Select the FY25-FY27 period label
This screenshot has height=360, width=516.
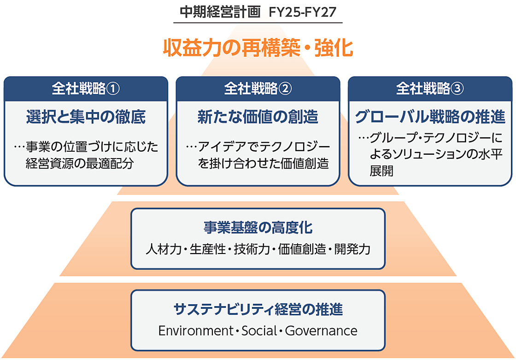pyautogui.click(x=303, y=12)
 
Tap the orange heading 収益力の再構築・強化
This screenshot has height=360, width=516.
pyautogui.click(x=258, y=48)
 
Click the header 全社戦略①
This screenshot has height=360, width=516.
pyautogui.click(x=86, y=89)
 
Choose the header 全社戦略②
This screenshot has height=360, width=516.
pyautogui.click(x=258, y=89)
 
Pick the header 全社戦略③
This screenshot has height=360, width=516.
pyautogui.click(x=430, y=89)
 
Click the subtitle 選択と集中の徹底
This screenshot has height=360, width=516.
pyautogui.click(x=86, y=118)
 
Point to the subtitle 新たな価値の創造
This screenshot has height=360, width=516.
pyautogui.click(x=258, y=118)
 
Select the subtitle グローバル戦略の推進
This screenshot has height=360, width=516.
pyautogui.click(x=430, y=118)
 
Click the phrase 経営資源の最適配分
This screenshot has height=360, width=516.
pyautogui.click(x=80, y=163)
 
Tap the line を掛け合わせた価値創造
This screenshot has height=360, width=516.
pyautogui.click(x=263, y=163)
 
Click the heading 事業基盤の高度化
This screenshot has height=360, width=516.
pyautogui.click(x=258, y=228)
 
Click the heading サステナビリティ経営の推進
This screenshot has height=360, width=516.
pyautogui.click(x=258, y=309)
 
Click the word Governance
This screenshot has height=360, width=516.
pyautogui.click(x=321, y=331)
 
